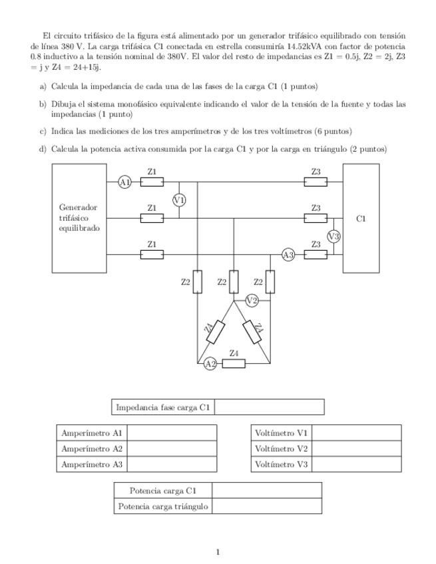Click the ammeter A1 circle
[x=124, y=182]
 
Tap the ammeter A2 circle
[x=210, y=363]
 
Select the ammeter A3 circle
[x=288, y=254]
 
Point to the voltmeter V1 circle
[x=179, y=200]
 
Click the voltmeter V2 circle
[x=252, y=301]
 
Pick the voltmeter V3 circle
[x=334, y=236]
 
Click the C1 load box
[x=361, y=218]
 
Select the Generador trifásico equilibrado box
[x=79, y=218]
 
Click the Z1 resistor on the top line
[x=152, y=182]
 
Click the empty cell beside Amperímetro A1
[x=176, y=433]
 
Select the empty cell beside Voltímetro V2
[x=356, y=449]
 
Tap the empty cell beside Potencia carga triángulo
[x=267, y=507]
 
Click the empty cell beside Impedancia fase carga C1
[x=270, y=407]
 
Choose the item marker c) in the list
[x=43, y=131]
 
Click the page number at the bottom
[x=218, y=551]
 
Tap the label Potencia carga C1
[x=163, y=491]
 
